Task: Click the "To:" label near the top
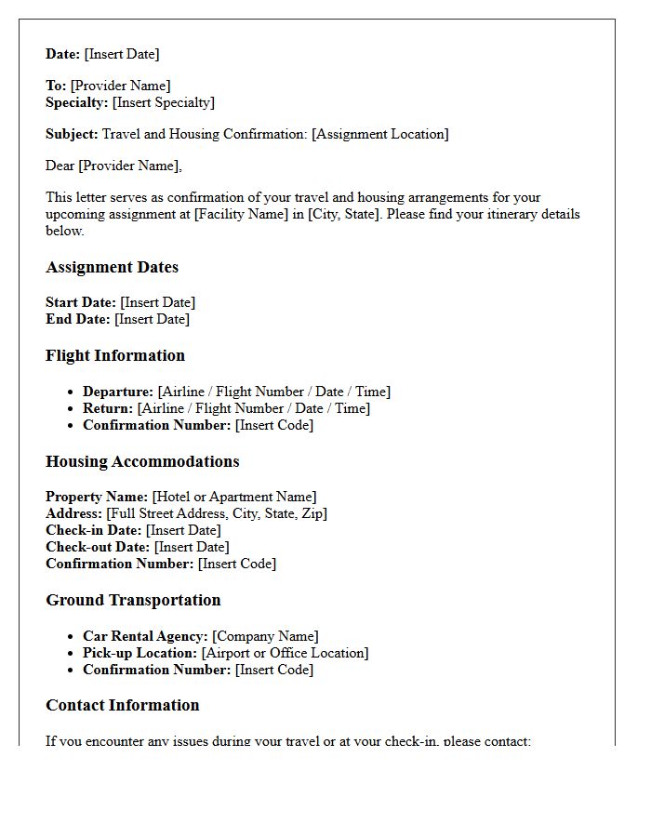point(56,86)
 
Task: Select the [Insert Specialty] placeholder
point(163,102)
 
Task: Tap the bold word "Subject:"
point(73,134)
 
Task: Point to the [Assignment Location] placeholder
point(379,134)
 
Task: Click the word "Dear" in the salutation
point(60,166)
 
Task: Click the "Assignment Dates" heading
point(112,268)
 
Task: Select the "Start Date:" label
point(81,302)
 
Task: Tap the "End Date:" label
point(78,319)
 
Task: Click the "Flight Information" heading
point(115,355)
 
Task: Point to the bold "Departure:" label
point(118,392)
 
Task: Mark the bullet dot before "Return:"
point(72,409)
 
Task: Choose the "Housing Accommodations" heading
point(142,461)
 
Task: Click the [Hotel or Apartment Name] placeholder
point(234,497)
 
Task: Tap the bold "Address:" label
point(74,513)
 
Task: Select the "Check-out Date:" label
point(98,547)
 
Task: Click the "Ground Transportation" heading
point(133,600)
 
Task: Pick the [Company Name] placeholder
point(265,636)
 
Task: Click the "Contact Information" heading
point(122,705)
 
